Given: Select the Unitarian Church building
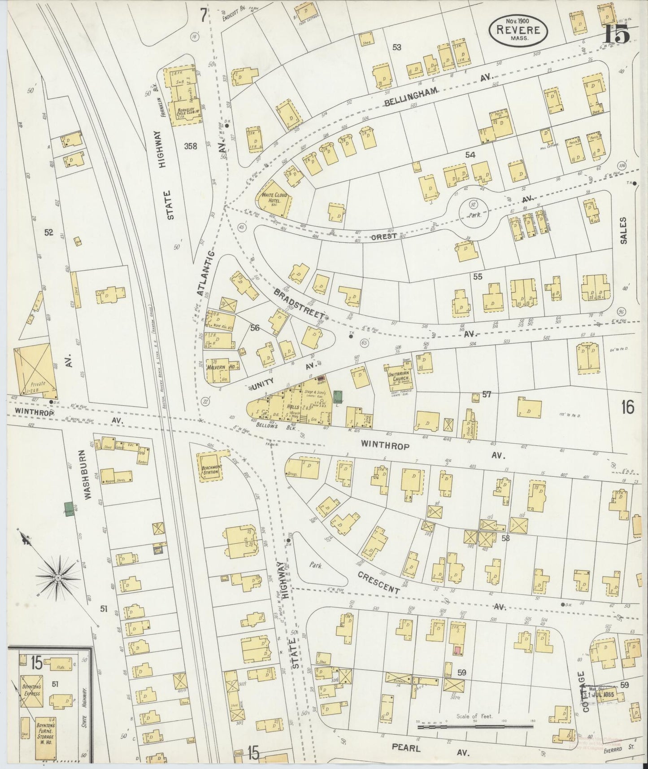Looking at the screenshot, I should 399,374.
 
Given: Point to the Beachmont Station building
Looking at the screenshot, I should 210,468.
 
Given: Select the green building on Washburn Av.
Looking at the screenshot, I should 69,509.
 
